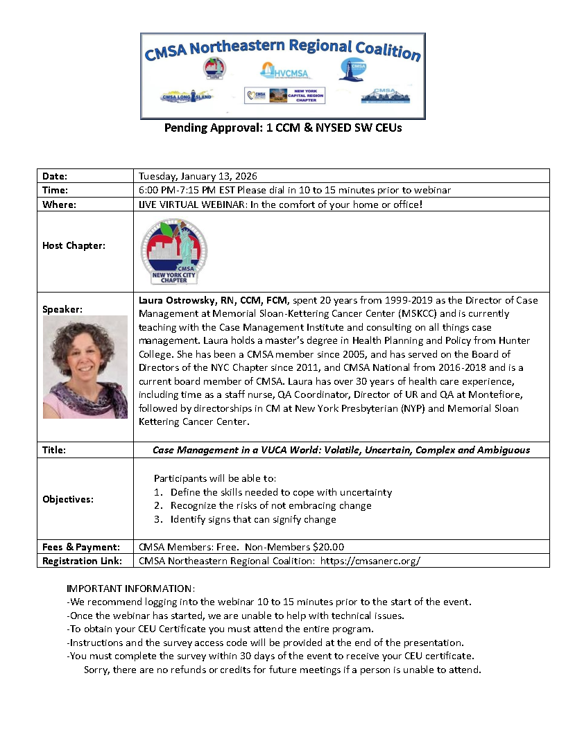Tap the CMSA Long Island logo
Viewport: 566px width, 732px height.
186,96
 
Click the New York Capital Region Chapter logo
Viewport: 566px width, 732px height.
284,95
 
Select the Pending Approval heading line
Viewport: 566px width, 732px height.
283,128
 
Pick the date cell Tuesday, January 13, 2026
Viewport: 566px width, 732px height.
198,176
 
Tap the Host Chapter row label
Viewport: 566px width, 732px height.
74,245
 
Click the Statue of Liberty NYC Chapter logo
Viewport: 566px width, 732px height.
174,252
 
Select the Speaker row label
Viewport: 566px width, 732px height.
62,310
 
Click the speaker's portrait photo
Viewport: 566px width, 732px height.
85,367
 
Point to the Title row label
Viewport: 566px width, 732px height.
54,450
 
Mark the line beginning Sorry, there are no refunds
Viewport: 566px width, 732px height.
282,670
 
